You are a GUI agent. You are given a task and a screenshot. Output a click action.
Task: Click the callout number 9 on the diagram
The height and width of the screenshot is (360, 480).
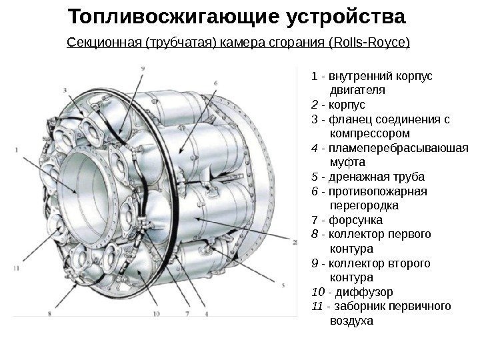[x=143, y=69]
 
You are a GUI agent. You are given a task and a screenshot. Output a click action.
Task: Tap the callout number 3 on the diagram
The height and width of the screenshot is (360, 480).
[x=65, y=89]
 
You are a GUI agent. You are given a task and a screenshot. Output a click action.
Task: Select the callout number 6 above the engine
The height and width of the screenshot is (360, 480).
[x=215, y=83]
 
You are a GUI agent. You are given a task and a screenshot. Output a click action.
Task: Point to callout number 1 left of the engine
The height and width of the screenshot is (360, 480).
[x=15, y=149]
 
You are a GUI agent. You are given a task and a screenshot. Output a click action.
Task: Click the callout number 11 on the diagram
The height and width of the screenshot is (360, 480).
[x=16, y=267]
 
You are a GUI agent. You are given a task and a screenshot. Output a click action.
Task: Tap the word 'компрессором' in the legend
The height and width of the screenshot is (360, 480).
[x=365, y=133]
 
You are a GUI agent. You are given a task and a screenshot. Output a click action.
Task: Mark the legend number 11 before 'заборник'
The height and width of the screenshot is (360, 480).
[x=317, y=306]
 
